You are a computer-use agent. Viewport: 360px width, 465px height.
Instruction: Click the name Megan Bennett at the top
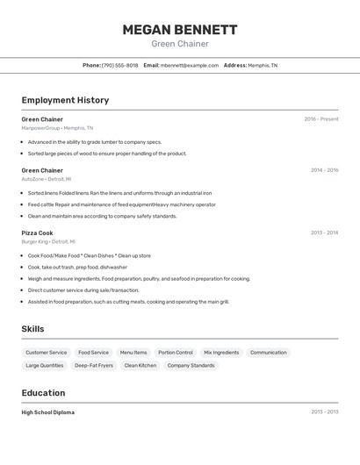point(180,30)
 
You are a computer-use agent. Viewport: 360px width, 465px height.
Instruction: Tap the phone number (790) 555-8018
point(119,65)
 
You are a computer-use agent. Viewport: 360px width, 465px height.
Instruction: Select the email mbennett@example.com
point(190,65)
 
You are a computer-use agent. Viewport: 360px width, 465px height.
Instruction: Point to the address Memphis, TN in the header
point(262,65)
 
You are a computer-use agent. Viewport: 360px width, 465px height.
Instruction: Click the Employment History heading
point(65,100)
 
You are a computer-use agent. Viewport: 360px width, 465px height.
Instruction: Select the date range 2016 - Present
point(320,118)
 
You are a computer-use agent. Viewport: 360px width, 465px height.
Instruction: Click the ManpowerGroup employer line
point(57,128)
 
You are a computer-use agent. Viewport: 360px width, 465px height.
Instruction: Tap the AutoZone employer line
point(47,179)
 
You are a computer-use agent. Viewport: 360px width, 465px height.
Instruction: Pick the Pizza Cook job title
point(38,232)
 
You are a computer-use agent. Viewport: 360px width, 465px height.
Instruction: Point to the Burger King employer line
point(48,241)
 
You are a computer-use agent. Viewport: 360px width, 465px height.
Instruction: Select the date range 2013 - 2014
point(324,232)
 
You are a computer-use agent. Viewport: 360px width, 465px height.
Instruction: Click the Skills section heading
point(33,329)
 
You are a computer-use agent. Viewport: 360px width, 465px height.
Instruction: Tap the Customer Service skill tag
point(46,353)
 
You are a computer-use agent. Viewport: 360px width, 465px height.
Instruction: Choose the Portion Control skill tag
point(176,353)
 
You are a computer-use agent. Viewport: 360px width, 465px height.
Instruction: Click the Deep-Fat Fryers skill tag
point(94,365)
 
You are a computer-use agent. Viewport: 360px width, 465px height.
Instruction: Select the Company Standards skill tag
point(191,365)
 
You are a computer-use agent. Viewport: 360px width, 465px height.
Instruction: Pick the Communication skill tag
point(269,353)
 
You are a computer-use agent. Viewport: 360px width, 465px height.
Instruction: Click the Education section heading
point(43,393)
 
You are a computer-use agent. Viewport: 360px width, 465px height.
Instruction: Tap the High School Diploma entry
point(48,412)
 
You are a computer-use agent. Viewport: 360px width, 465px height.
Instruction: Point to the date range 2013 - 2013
point(324,412)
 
